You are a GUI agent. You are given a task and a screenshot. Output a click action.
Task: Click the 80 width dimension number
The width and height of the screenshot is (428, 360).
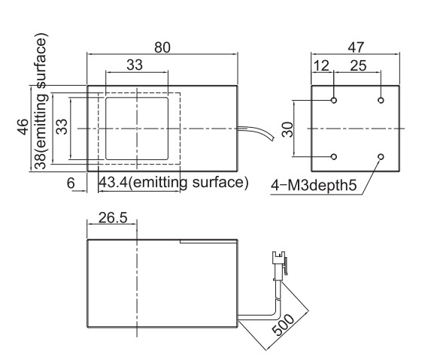coord(162,47)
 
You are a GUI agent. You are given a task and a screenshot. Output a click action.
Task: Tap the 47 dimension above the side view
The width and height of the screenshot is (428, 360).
coord(355,47)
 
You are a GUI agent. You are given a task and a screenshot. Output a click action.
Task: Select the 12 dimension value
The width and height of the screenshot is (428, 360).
coord(321,65)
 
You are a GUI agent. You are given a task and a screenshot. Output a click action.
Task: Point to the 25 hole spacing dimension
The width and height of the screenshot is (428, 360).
coord(358,65)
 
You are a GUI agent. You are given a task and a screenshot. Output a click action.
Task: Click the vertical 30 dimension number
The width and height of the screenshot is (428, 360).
coord(287,129)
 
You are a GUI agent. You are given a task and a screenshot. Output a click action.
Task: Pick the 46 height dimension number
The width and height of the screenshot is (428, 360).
coord(23,127)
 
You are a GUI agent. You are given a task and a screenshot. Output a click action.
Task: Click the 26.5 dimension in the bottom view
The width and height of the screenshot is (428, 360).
coord(113,218)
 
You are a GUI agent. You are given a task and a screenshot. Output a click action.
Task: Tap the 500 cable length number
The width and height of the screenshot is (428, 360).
coord(284,325)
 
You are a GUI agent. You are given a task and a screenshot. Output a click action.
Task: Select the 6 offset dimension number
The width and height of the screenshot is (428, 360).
coord(71,183)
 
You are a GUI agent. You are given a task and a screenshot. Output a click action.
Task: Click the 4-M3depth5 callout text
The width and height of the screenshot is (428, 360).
coord(314,186)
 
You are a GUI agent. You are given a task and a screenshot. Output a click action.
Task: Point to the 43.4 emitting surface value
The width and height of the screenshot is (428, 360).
coord(113,182)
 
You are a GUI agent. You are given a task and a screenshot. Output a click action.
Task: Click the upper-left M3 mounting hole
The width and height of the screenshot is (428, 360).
coord(333,100)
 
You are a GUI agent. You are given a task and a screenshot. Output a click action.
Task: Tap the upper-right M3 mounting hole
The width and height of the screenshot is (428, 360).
coord(381,100)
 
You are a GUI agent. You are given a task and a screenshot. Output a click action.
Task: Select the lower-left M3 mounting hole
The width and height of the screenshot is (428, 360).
coord(333,156)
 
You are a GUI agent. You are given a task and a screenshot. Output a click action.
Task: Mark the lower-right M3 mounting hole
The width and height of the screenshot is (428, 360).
coord(381,156)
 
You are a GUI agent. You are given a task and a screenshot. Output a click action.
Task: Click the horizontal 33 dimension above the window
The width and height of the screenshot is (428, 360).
coord(135,65)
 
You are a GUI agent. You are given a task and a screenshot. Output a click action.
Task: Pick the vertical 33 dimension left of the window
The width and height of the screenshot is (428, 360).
coord(62,126)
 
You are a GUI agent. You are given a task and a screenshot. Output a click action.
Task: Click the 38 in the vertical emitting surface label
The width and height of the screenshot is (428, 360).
coord(40,161)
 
